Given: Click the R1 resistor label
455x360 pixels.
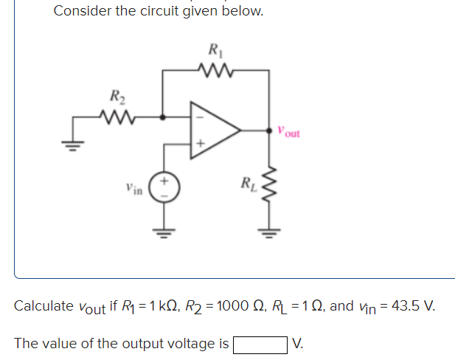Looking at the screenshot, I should pyautogui.click(x=215, y=52).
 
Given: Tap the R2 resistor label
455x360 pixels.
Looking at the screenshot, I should pyautogui.click(x=117, y=96).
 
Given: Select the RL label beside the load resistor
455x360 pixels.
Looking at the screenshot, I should pyautogui.click(x=249, y=181).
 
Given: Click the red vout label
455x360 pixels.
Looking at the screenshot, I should pyautogui.click(x=289, y=134).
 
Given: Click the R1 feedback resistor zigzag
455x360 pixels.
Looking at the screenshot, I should pyautogui.click(x=215, y=71).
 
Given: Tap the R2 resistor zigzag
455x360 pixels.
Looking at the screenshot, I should pyautogui.click(x=117, y=116).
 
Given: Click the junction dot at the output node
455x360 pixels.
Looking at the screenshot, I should pyautogui.click(x=268, y=131).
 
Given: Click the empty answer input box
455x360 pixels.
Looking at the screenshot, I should pyautogui.click(x=260, y=343).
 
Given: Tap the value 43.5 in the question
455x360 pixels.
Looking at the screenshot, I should pyautogui.click(x=404, y=305).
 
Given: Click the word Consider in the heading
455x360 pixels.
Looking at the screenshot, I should pyautogui.click(x=81, y=12).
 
